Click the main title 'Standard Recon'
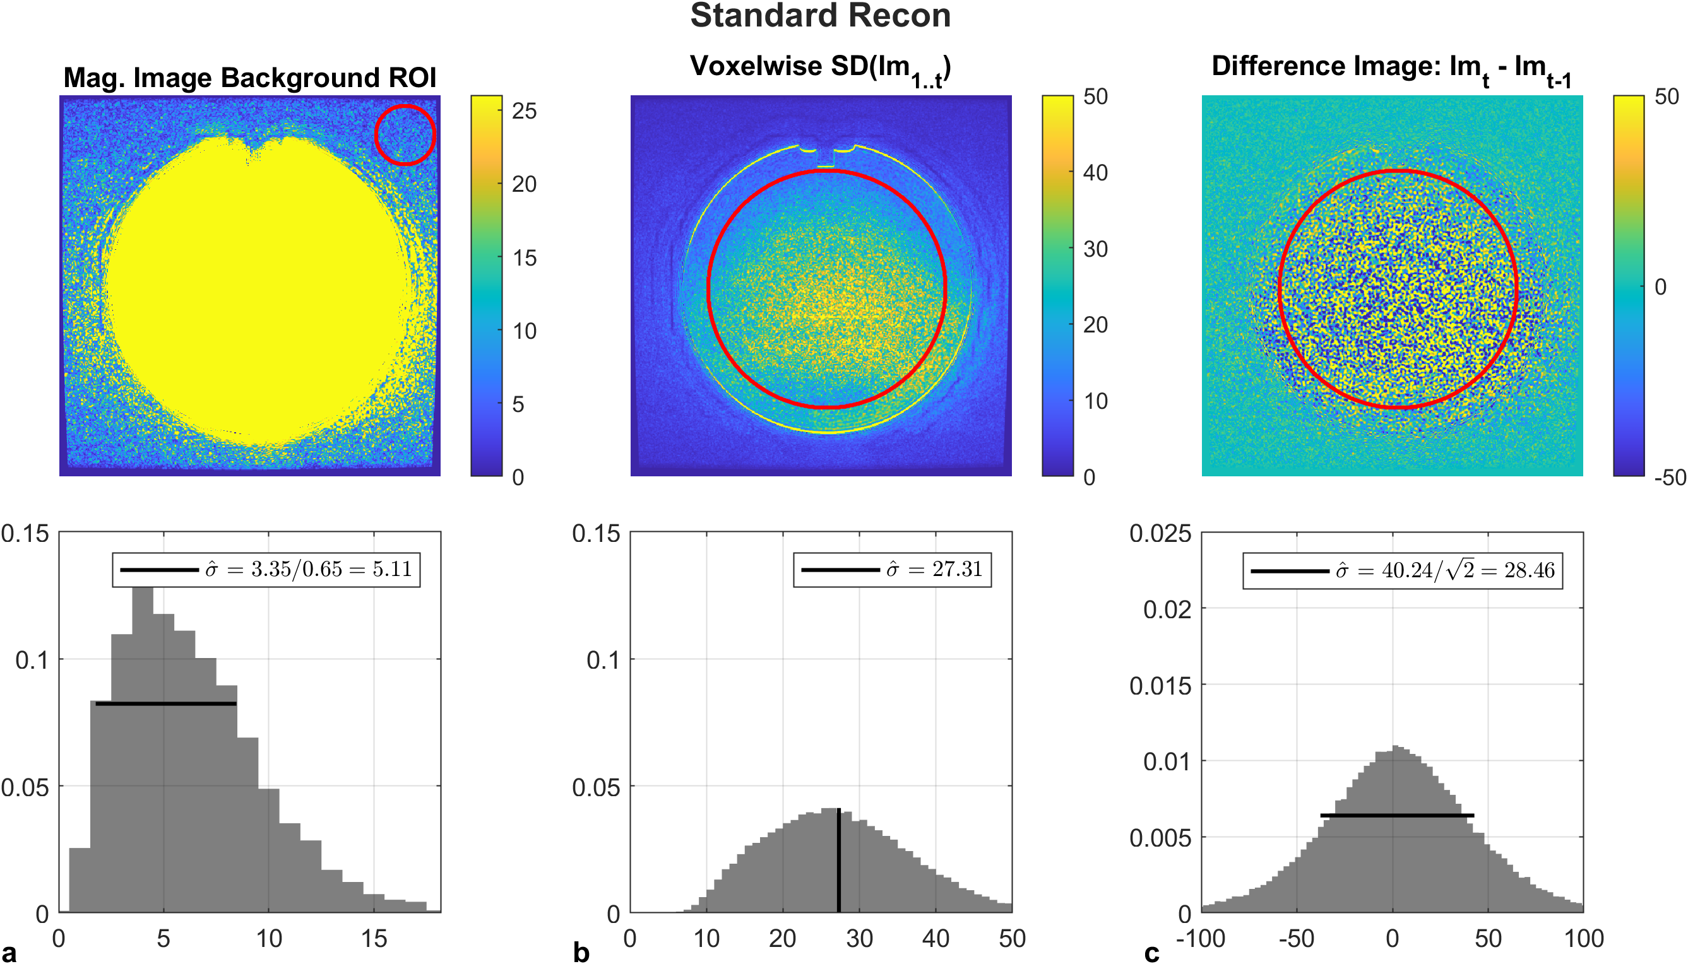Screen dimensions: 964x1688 tap(820, 16)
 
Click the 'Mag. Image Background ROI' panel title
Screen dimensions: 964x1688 tap(250, 78)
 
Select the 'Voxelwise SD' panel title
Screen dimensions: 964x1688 tap(820, 68)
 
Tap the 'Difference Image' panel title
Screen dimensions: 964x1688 tap(1391, 68)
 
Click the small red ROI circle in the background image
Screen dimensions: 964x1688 tap(405, 134)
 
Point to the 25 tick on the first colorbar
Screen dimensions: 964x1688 tap(524, 110)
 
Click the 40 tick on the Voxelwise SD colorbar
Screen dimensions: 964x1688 tap(1095, 173)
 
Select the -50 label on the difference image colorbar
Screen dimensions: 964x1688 tap(1670, 478)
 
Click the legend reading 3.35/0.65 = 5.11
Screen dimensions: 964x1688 tap(266, 570)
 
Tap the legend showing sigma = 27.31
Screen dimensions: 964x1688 tap(892, 570)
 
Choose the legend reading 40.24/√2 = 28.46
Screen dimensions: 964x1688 tap(1402, 571)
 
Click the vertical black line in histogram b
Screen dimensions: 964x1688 tap(839, 861)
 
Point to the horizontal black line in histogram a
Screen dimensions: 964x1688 tap(165, 704)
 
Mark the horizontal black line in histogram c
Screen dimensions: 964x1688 tap(1397, 815)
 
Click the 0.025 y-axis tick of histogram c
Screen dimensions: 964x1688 tap(1160, 533)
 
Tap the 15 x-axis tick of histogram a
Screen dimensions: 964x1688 tap(374, 939)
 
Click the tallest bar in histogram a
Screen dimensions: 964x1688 tap(143, 748)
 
